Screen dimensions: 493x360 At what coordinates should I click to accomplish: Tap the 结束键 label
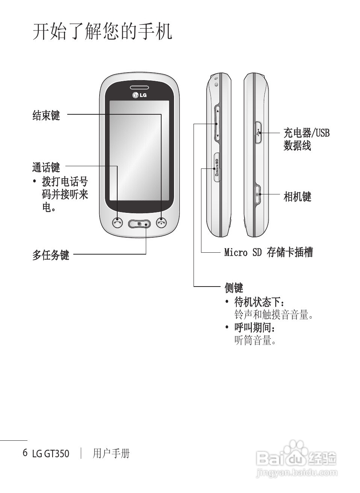(x=46, y=115)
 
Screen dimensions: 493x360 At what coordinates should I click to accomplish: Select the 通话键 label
(x=46, y=167)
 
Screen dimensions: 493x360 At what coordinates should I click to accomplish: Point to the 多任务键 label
(x=51, y=255)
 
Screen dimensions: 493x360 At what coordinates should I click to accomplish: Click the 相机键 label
(x=297, y=196)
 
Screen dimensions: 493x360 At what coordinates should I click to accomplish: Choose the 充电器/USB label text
(x=306, y=133)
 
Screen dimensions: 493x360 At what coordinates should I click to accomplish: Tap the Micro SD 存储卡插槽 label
(x=268, y=252)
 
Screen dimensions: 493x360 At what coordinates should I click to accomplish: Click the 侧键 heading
(x=234, y=288)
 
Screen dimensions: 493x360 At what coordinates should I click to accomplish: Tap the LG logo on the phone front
(x=139, y=95)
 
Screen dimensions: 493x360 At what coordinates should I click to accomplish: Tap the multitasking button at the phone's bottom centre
(x=139, y=224)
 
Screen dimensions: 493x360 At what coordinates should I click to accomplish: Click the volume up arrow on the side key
(x=218, y=111)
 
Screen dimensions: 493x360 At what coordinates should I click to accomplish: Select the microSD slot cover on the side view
(x=217, y=167)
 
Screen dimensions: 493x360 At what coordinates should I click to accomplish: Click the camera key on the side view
(x=258, y=194)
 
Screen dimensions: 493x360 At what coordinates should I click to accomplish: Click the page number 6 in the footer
(x=25, y=452)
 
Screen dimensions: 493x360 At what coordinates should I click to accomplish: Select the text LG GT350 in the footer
(x=51, y=454)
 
